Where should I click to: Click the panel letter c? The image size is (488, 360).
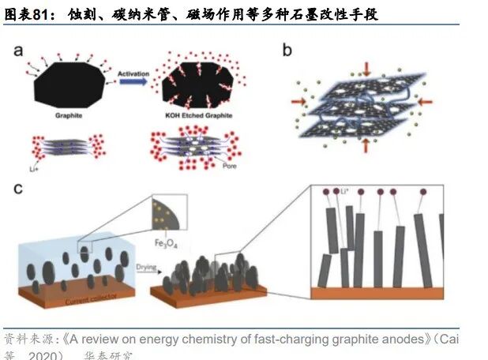click(18, 189)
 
